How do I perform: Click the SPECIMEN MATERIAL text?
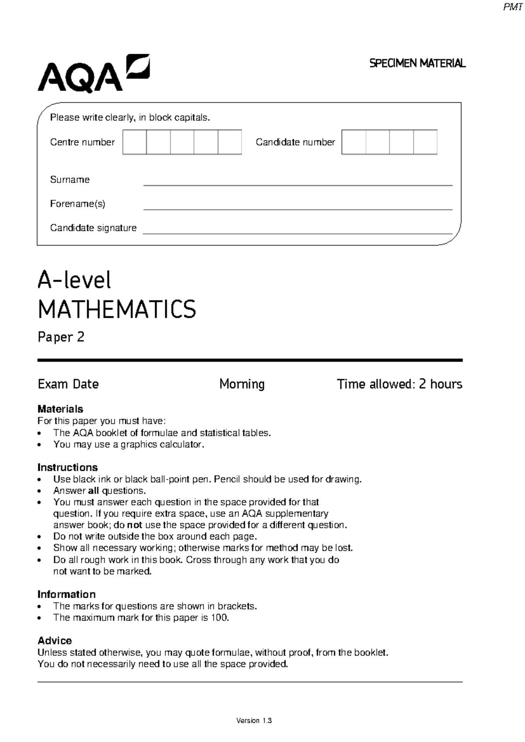pos(417,63)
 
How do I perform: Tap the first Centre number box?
pos(134,142)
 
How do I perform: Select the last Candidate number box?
pos(425,142)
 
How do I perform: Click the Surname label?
pos(70,179)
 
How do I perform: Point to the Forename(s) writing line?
pos(297,209)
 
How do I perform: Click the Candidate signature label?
pos(93,228)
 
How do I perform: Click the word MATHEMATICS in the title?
pos(117,310)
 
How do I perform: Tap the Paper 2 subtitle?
pos(61,337)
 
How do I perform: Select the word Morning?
pos(242,384)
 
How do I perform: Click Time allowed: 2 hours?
pos(399,384)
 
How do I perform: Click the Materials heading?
pos(60,409)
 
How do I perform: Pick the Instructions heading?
pos(67,467)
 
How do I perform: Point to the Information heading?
pos(66,594)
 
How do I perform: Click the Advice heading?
pos(55,640)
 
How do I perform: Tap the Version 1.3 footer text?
pos(254,721)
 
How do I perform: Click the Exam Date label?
pos(68,384)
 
